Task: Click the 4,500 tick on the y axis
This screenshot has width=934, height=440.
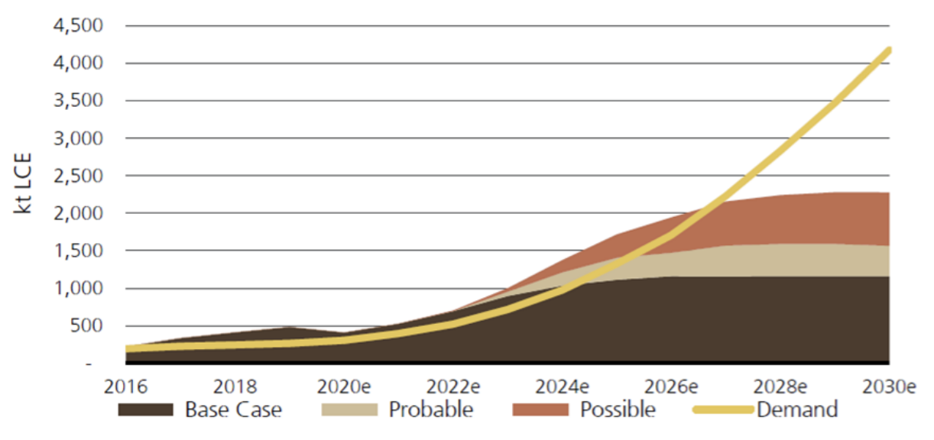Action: click(x=79, y=26)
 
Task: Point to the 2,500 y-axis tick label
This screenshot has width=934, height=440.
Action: click(x=79, y=176)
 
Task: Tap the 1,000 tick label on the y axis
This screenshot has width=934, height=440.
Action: click(x=79, y=289)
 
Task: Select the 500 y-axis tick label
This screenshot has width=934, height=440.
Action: click(x=88, y=326)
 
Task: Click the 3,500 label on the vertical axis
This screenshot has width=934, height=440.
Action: click(x=79, y=101)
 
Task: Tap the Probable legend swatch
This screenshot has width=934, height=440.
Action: click(x=350, y=409)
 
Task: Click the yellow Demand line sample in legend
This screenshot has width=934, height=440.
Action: click(x=722, y=409)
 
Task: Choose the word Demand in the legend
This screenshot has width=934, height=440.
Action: click(x=796, y=409)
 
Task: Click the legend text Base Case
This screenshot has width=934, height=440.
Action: click(x=233, y=409)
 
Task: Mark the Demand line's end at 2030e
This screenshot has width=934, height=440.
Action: click(x=888, y=50)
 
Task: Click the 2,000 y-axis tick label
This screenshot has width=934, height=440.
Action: click(x=79, y=213)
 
